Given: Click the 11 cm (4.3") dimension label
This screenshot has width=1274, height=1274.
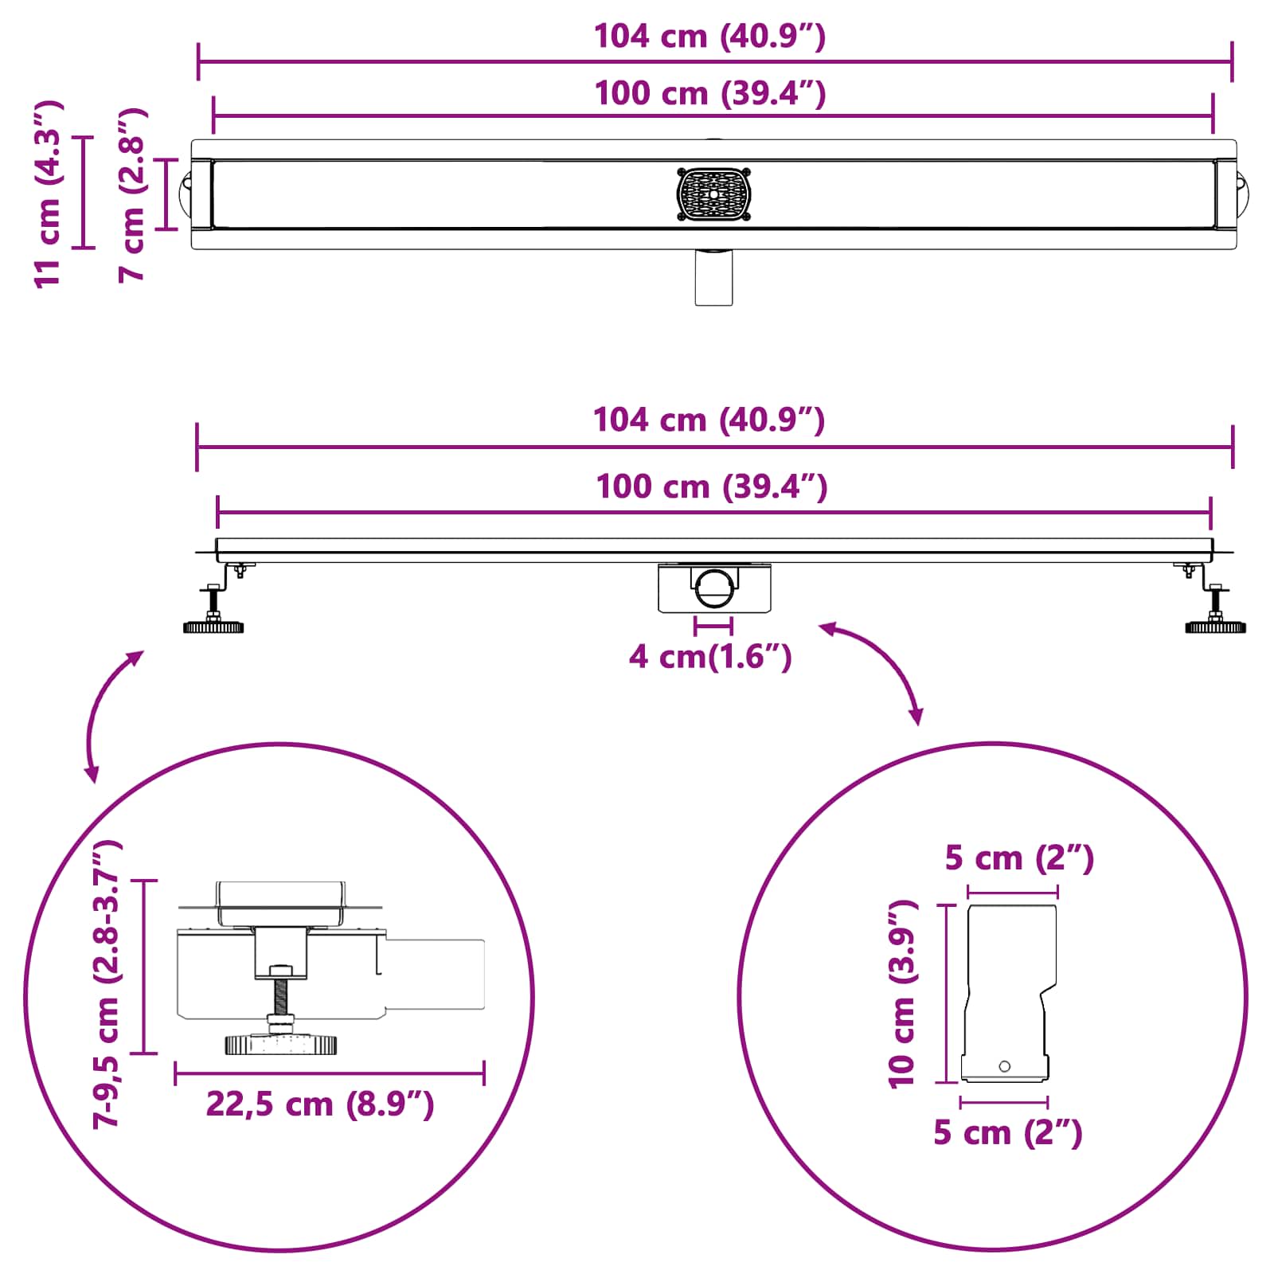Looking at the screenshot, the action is [x=48, y=193].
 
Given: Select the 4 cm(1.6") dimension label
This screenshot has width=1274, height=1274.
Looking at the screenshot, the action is [x=710, y=657].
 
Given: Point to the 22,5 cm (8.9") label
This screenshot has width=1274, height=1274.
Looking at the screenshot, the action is [x=320, y=1104].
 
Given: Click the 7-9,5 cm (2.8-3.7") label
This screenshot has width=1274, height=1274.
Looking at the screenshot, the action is [x=107, y=983].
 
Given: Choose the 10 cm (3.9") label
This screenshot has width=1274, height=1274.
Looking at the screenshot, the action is [x=903, y=995].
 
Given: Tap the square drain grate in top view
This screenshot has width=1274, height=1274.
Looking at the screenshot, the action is [x=714, y=194].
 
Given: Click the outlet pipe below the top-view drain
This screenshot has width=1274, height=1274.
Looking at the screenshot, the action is [x=713, y=277].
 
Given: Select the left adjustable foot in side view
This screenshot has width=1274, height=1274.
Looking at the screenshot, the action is [x=213, y=609].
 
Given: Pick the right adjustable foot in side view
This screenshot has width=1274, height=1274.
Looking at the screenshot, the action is [x=1216, y=609].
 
